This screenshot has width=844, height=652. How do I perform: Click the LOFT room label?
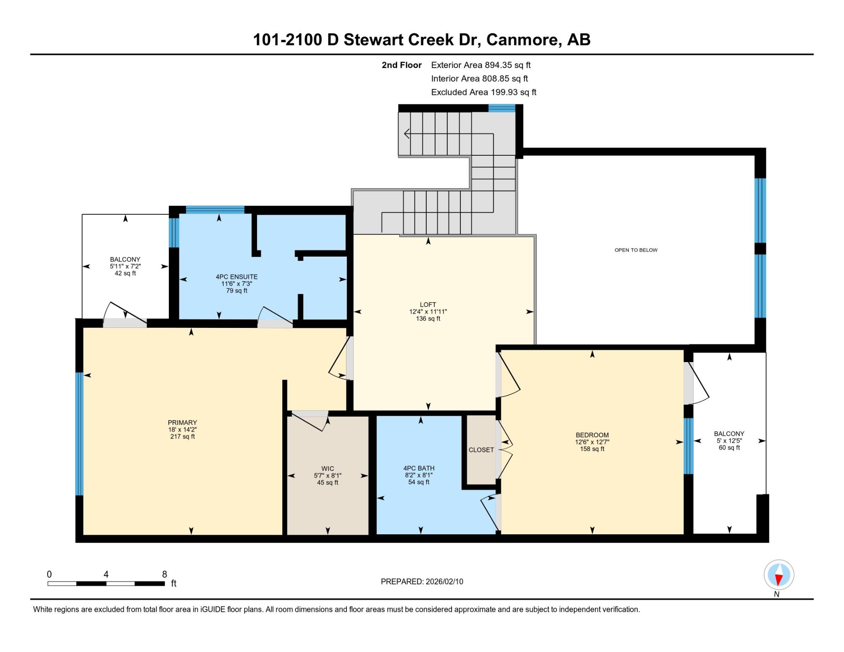click(428, 304)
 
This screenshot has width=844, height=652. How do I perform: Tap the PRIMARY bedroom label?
click(182, 422)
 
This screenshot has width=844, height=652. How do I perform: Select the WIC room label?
click(327, 468)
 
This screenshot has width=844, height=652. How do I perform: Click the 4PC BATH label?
click(419, 468)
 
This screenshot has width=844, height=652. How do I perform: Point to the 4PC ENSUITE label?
click(236, 277)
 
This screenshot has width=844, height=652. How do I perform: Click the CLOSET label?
click(481, 450)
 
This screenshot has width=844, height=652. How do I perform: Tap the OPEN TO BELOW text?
click(636, 250)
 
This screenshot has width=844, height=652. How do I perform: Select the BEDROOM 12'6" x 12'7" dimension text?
click(592, 442)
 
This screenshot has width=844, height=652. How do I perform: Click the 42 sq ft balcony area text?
click(125, 273)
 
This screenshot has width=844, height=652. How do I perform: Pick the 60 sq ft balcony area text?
click(729, 447)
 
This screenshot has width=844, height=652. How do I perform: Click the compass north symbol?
click(779, 575)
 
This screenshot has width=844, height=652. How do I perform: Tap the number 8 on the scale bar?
click(165, 574)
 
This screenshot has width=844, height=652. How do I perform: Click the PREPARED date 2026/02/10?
click(444, 581)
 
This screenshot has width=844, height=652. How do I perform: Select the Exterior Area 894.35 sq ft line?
click(481, 65)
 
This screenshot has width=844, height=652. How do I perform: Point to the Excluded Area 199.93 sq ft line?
click(484, 92)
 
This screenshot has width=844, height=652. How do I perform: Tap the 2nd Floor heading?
click(402, 65)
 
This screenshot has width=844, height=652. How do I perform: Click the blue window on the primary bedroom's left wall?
click(79, 433)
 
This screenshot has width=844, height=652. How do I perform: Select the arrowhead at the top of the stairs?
click(406, 134)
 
